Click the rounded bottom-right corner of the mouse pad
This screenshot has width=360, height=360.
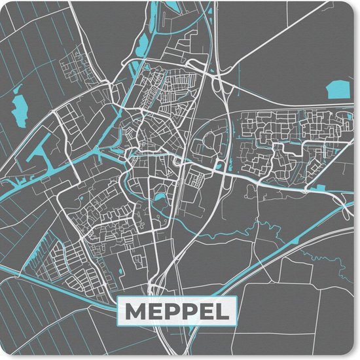[x=353, y=353]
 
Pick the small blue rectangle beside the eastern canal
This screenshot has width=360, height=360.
[x=321, y=188]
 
